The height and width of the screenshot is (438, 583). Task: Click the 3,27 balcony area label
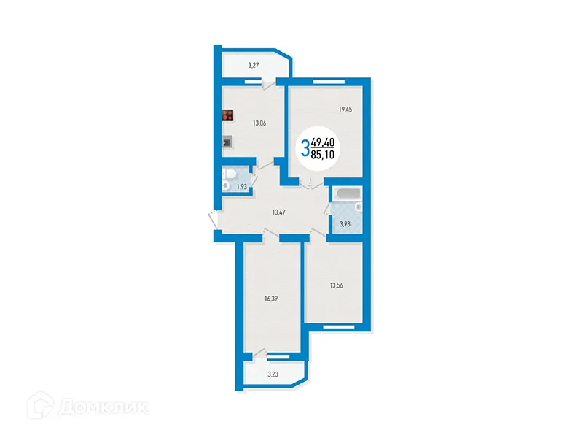(x=254, y=66)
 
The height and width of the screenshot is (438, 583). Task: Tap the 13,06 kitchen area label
(x=259, y=123)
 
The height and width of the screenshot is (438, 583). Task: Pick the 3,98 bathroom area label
(x=345, y=224)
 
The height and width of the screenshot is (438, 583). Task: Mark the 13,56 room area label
(x=337, y=285)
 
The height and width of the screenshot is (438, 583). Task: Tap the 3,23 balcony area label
(x=273, y=374)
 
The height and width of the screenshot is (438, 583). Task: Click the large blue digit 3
(x=305, y=149)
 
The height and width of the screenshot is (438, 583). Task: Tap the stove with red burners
(x=228, y=115)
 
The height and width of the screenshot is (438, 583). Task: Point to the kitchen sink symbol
(x=228, y=142)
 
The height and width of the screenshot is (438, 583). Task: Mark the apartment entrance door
(x=212, y=218)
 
